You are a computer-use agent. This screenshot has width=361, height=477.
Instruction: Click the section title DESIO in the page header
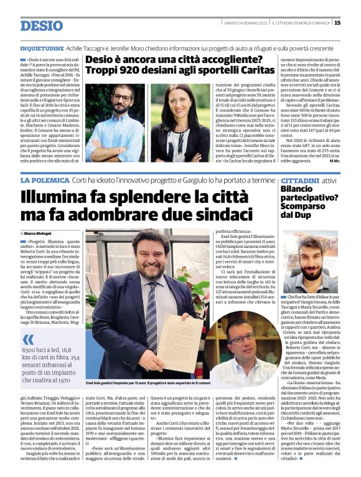click(x=42, y=26)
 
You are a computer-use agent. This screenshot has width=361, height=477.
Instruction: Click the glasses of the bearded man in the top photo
click(x=122, y=98)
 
